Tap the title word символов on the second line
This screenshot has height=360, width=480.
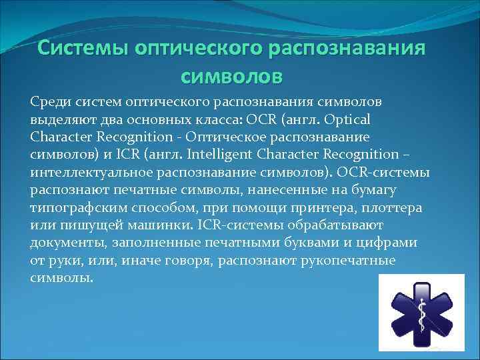point(232,75)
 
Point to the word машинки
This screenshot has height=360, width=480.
point(151,225)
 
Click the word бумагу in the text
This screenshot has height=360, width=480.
point(398,190)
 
